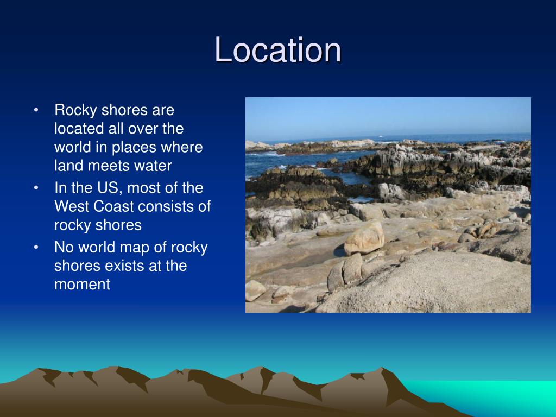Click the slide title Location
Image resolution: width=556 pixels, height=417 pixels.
[278, 50]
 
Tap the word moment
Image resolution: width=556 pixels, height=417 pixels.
[82, 285]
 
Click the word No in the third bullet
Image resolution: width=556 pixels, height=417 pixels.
[63, 248]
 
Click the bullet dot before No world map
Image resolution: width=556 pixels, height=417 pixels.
[36, 248]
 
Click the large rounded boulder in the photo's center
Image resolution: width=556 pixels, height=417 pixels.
[364, 238]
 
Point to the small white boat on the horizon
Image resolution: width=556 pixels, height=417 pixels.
[381, 136]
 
